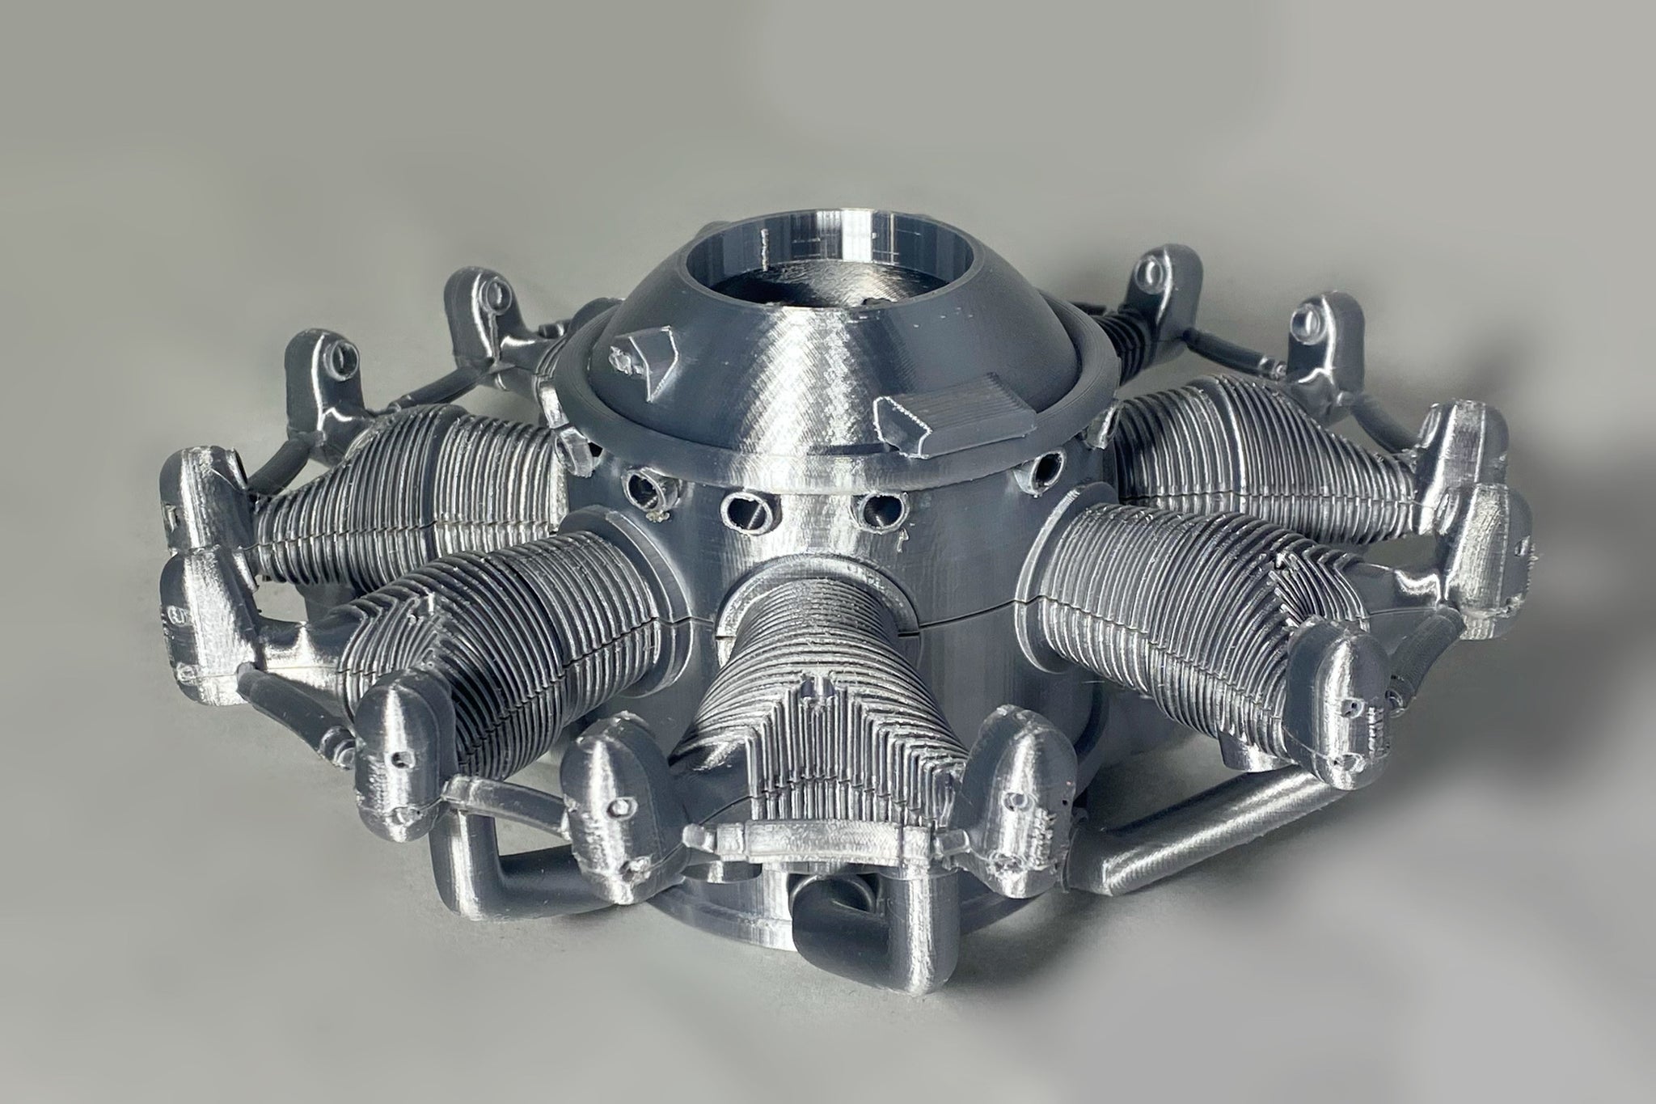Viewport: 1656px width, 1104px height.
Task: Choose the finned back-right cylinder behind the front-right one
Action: [x=1237, y=453]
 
